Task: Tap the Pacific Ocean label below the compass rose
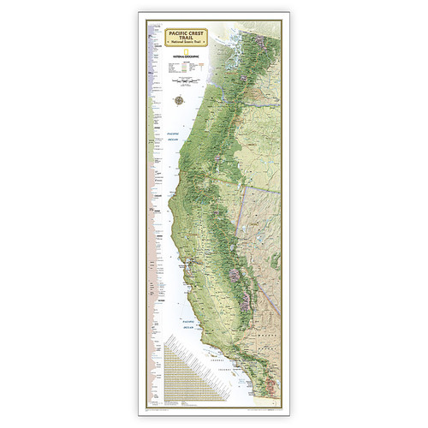[175, 135]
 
